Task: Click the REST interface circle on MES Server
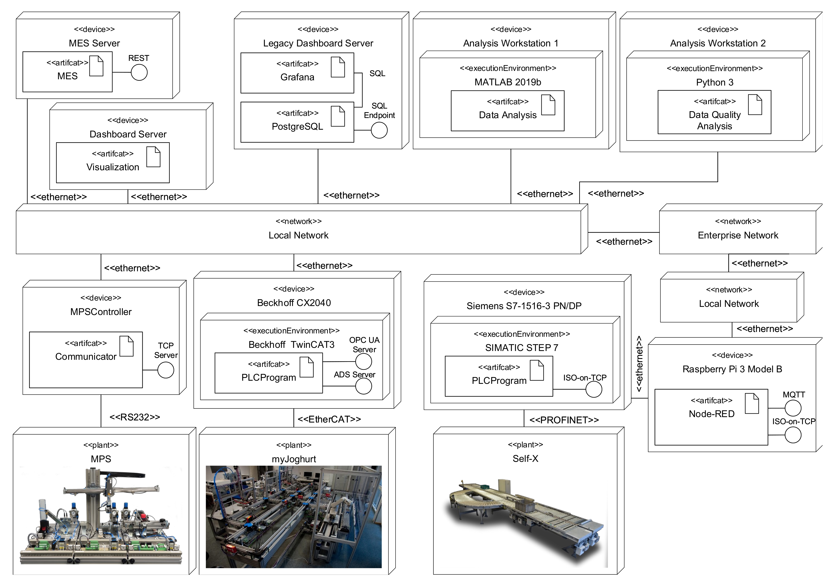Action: pos(139,72)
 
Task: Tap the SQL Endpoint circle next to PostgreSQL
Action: pos(379,130)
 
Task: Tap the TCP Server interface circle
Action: pos(166,370)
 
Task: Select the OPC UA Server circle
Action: pos(363,362)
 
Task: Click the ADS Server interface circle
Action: pos(363,386)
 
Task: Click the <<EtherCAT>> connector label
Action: pos(329,419)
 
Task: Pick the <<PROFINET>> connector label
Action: pos(564,420)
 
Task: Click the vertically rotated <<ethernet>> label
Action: pos(639,363)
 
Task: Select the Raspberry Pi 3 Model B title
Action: pos(732,369)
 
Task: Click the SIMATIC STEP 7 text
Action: pos(521,348)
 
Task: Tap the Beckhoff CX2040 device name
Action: pos(294,303)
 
